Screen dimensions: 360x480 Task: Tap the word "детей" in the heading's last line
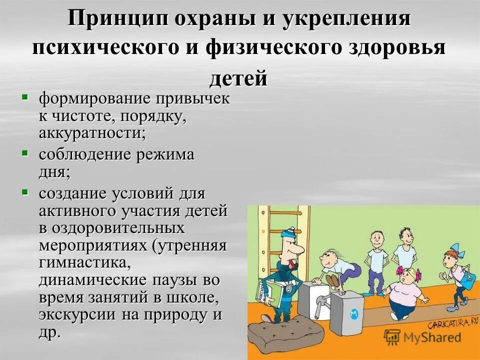tap(238, 78)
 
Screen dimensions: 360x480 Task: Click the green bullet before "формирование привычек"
tap(24, 95)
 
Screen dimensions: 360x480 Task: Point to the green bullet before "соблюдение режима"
tap(24, 151)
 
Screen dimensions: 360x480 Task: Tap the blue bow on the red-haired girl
tap(454, 250)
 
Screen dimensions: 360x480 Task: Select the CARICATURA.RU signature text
tap(448, 323)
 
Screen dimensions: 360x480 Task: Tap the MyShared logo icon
tap(392, 337)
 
